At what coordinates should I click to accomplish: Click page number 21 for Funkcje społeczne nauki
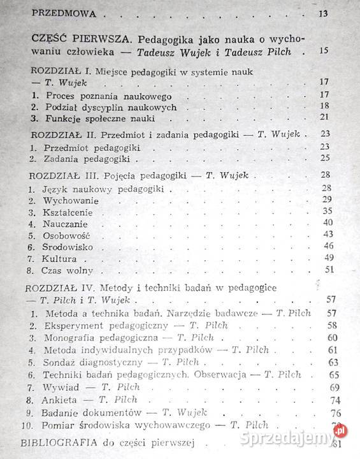pyautogui.click(x=325, y=117)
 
